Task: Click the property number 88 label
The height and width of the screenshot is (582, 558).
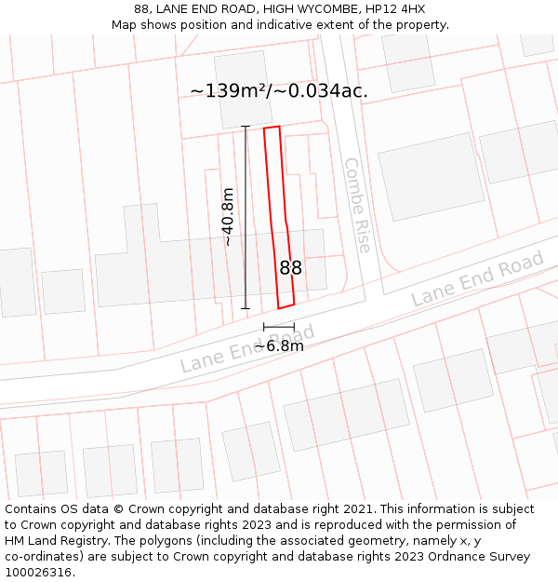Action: coord(290,268)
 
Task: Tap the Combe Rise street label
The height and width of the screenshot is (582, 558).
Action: coord(357,205)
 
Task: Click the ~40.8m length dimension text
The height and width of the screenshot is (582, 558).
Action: coord(228,217)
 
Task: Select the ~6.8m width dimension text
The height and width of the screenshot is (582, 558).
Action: coord(279,345)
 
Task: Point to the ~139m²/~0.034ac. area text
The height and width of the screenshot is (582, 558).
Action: coord(279,90)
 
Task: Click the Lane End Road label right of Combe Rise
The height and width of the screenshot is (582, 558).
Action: coord(477,279)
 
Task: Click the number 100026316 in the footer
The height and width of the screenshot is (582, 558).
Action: coord(39,573)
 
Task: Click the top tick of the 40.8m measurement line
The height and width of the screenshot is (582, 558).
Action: coord(246,127)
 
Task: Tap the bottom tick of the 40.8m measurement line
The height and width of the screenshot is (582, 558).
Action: coord(246,308)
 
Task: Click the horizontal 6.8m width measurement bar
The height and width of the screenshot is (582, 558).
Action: coord(278,327)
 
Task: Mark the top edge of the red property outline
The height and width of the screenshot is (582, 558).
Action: coord(272,128)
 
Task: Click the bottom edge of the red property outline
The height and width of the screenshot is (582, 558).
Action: coord(286,305)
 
